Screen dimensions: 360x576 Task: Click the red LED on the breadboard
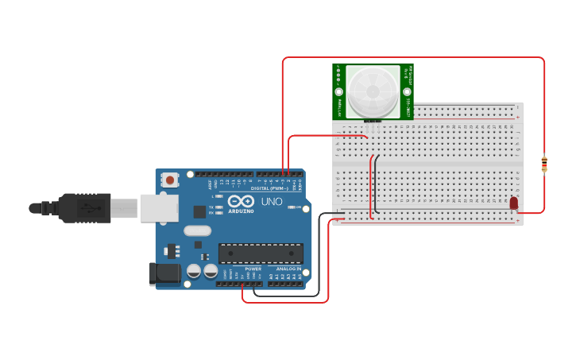click(x=514, y=203)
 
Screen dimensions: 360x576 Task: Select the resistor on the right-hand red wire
click(x=543, y=164)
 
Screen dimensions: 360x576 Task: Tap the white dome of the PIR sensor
click(x=371, y=91)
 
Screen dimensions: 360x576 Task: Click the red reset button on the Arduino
click(x=171, y=180)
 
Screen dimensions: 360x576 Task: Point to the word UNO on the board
click(x=271, y=201)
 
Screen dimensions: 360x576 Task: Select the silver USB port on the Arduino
click(x=159, y=208)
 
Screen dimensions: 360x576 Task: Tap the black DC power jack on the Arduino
click(x=165, y=274)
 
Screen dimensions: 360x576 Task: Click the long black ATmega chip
click(x=261, y=254)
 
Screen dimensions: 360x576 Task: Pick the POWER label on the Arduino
click(x=253, y=269)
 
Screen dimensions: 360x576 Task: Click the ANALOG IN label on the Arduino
click(x=288, y=269)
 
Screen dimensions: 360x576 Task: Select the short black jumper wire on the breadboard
click(x=375, y=183)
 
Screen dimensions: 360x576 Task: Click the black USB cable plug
click(x=83, y=208)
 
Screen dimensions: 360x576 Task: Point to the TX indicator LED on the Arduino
click(x=220, y=207)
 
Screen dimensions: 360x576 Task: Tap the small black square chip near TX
click(x=199, y=211)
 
